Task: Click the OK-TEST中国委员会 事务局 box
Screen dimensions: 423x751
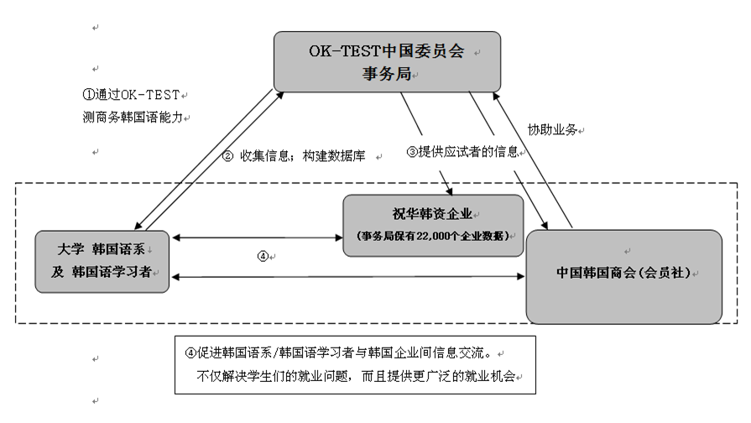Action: (386, 61)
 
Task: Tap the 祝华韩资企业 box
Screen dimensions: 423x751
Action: (433, 225)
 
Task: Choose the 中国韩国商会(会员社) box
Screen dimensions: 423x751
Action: (623, 275)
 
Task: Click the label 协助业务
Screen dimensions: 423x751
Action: (552, 130)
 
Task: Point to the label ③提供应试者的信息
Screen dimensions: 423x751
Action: (462, 152)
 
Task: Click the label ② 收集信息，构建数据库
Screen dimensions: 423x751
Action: (299, 155)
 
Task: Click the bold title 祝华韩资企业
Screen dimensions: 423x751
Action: (433, 215)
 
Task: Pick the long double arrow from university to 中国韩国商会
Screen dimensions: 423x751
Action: (347, 276)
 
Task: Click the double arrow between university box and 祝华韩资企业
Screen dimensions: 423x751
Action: (256, 238)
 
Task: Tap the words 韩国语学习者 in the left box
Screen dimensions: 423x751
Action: (117, 272)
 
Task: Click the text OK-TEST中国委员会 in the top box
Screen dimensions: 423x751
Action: (385, 51)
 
